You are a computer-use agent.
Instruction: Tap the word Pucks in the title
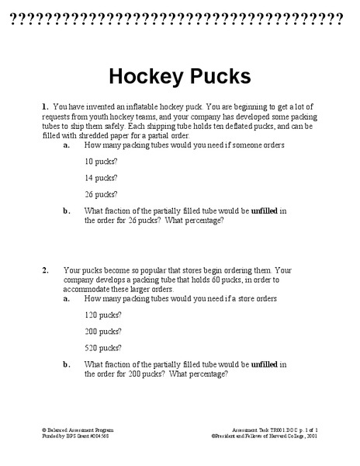[216, 76]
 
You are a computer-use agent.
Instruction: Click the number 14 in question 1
[88, 178]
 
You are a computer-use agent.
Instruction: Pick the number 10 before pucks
[88, 162]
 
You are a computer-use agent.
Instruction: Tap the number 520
[91, 347]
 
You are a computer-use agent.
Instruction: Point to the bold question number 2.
[46, 270]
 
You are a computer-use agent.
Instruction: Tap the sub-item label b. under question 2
[67, 363]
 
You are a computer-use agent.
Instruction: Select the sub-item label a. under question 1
[67, 144]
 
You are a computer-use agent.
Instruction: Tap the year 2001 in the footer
[312, 436]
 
